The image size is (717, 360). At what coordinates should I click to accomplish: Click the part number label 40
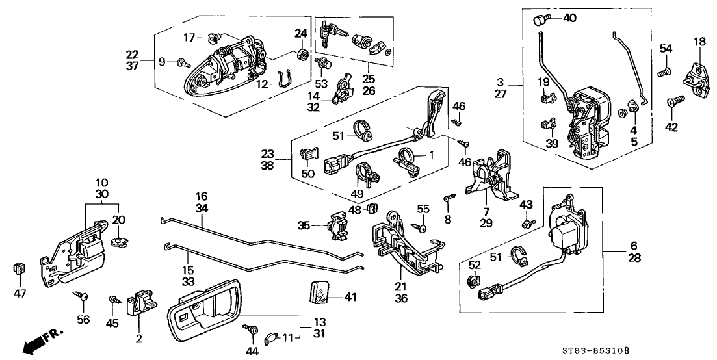coord(569,18)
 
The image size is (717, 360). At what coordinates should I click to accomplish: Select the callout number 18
coord(699,42)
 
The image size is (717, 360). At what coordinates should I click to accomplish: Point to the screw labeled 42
coord(674,102)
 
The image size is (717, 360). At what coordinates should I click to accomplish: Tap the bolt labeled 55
coord(421,227)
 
